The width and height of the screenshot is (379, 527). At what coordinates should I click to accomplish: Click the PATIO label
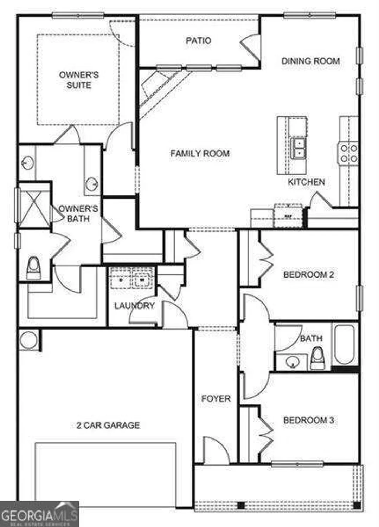click(x=199, y=41)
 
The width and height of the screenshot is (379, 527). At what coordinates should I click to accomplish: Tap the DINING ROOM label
click(x=310, y=61)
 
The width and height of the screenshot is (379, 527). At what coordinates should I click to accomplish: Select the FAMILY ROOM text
click(x=200, y=154)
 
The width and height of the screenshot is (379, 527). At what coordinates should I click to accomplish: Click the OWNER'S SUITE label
click(x=79, y=80)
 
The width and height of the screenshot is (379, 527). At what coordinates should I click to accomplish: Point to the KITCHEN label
click(x=306, y=182)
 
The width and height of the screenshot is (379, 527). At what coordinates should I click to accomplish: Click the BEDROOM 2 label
click(x=308, y=274)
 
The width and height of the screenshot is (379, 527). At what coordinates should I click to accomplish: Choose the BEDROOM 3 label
click(x=308, y=420)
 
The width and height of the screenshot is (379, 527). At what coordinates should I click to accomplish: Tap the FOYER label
click(x=216, y=399)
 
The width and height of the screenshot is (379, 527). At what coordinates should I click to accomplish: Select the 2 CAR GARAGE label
click(x=108, y=425)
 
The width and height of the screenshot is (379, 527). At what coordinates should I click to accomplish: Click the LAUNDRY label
click(x=134, y=306)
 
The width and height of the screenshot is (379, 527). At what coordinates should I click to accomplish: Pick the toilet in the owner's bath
click(x=34, y=268)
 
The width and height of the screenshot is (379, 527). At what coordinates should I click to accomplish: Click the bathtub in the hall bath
click(x=344, y=345)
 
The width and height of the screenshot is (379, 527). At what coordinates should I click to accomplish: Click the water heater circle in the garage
click(x=28, y=340)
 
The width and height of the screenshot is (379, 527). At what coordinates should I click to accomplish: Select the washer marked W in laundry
click(x=142, y=280)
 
